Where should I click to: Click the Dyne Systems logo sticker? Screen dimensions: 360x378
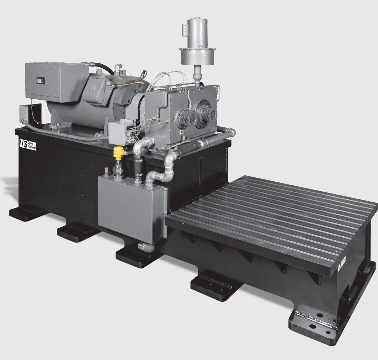tap(27, 144)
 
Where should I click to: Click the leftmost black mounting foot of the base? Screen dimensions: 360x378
tap(26, 213)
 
